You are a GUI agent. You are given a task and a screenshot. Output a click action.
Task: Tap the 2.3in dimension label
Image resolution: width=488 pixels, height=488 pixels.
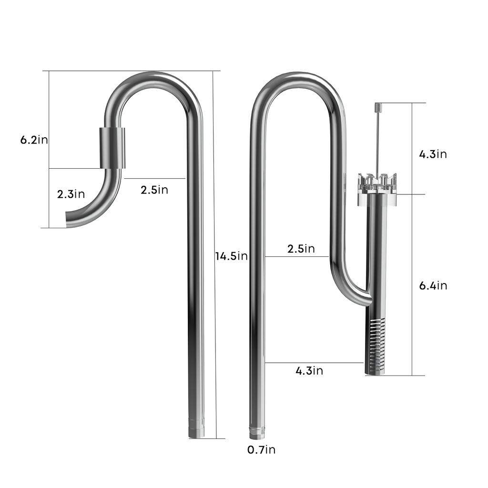pyautogui.click(x=71, y=194)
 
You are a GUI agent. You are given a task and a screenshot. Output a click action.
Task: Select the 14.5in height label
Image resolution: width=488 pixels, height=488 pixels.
pyautogui.click(x=231, y=256)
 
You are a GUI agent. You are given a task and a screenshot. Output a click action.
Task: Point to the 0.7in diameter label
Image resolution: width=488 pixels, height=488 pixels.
pyautogui.click(x=261, y=449)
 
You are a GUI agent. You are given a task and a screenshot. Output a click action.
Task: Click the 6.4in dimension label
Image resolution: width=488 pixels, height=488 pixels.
pyautogui.click(x=433, y=286)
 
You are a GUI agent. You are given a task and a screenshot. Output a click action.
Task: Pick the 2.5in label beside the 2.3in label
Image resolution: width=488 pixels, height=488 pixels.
pyautogui.click(x=154, y=190)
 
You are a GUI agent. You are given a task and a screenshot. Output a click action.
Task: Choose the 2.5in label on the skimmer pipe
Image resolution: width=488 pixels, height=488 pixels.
pyautogui.click(x=301, y=249)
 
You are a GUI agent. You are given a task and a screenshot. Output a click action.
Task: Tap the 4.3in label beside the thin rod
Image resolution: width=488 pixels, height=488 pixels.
pyautogui.click(x=433, y=154)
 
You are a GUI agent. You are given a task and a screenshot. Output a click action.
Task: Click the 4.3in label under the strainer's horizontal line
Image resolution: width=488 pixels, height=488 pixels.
pyautogui.click(x=309, y=371)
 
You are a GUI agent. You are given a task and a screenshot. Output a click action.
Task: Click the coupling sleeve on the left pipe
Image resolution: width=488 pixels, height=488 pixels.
pyautogui.click(x=112, y=148)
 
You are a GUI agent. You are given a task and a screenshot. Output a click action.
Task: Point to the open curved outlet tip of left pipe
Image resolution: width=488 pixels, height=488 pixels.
pyautogui.click(x=68, y=220)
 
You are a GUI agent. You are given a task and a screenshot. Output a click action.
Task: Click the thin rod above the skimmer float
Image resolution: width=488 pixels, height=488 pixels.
pyautogui.click(x=376, y=143)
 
